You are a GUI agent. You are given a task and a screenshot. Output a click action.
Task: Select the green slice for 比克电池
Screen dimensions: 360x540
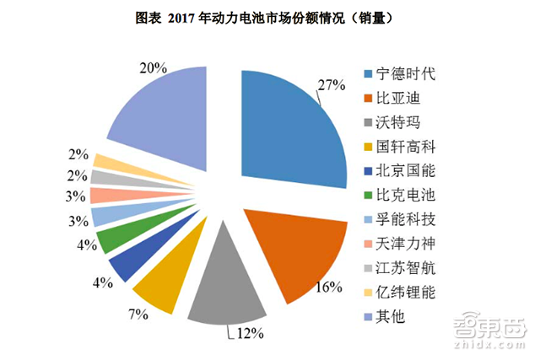pos(113,239)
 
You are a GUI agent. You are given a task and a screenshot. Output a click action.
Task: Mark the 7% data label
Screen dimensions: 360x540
pos(139,314)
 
